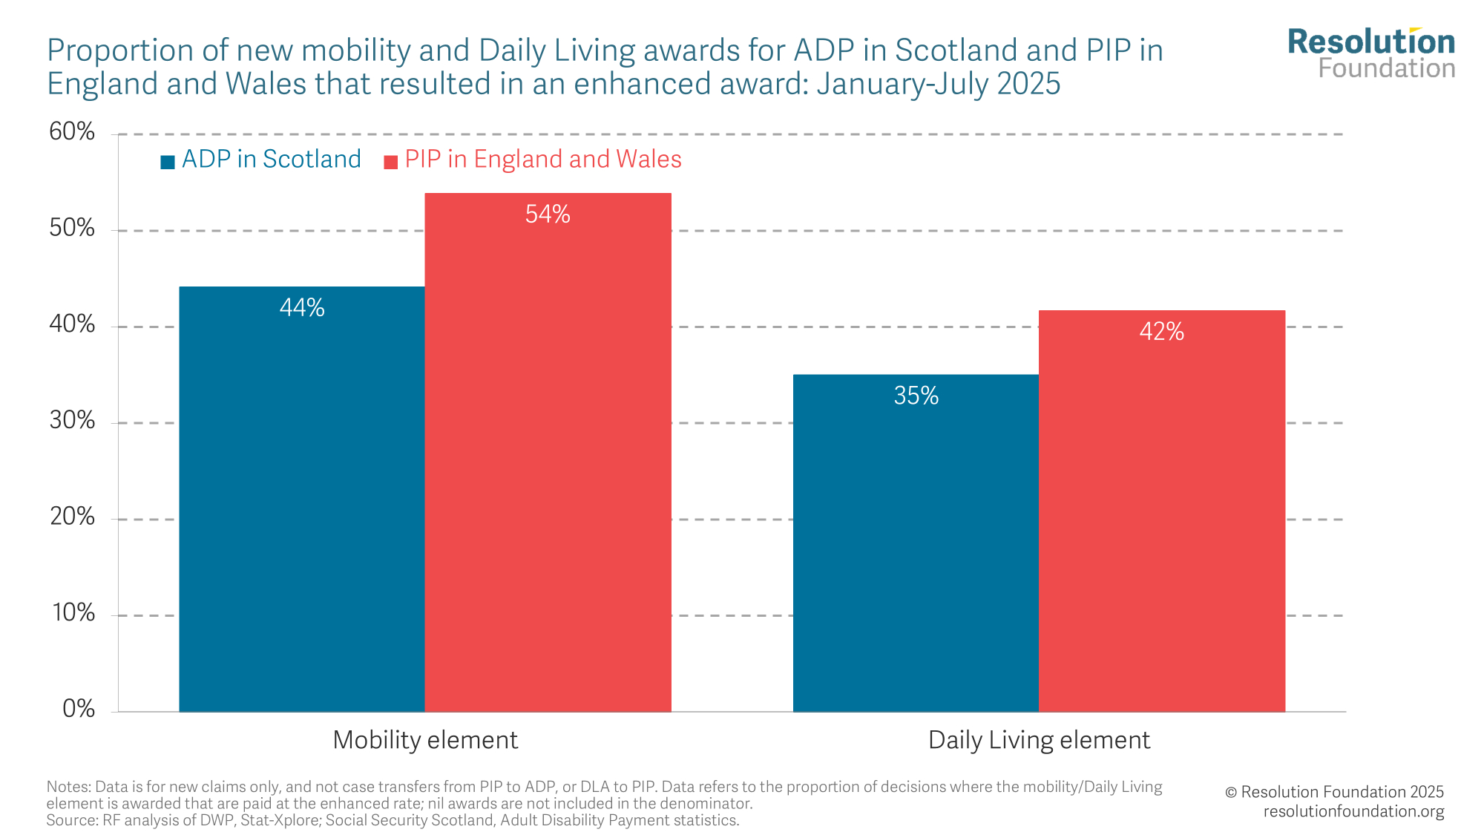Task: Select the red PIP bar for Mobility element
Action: [548, 453]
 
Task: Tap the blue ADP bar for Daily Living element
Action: [916, 543]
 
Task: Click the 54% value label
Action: [548, 215]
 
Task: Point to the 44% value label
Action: [302, 308]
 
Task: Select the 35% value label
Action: [916, 396]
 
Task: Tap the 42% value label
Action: [1161, 332]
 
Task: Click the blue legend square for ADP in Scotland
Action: [168, 162]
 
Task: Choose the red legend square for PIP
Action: [390, 162]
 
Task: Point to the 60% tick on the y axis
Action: [72, 132]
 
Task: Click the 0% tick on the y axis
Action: [79, 709]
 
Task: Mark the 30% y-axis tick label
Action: [72, 421]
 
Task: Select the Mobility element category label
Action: [425, 740]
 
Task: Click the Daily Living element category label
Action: [1039, 740]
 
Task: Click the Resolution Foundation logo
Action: [1371, 53]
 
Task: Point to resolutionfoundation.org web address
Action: [1353, 811]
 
